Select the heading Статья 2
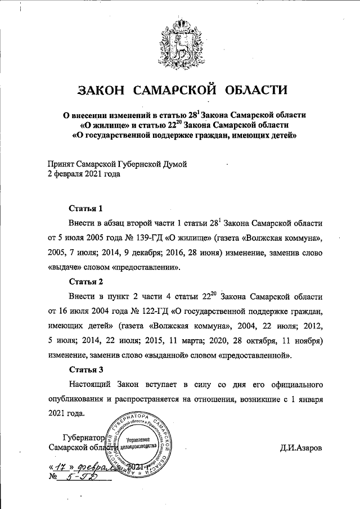point(85,281)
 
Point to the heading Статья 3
point(85,370)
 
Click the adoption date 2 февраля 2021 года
point(84,174)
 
